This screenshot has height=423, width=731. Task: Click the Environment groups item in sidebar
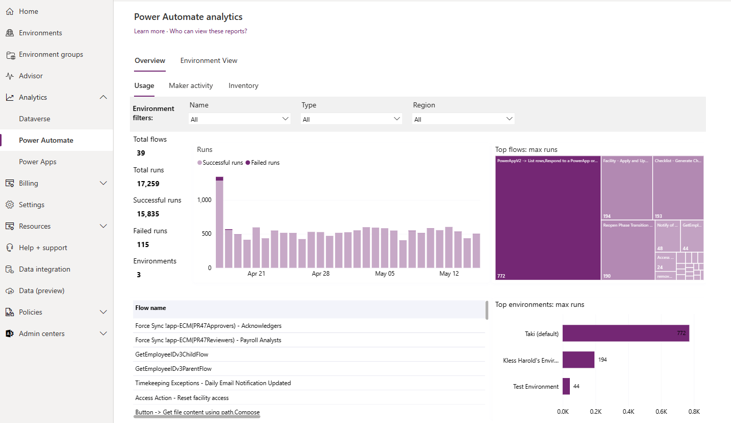coord(51,54)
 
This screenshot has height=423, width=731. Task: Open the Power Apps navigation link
coord(37,162)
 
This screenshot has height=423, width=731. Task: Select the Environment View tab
coord(209,60)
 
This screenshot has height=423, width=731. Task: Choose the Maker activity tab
coord(191,85)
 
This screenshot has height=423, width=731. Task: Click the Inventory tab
coord(243,85)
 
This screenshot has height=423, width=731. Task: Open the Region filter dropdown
coord(463,119)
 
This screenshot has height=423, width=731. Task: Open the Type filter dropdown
coord(351,119)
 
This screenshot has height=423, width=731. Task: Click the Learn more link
coord(149,31)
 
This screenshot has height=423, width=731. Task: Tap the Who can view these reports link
coord(208,31)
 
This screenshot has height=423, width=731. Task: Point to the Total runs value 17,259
coord(148,184)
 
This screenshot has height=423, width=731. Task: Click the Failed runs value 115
coord(143,244)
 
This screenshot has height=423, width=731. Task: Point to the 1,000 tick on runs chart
coord(204,200)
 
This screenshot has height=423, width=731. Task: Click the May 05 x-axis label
coord(385,274)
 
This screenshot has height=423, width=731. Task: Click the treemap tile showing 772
coord(547,218)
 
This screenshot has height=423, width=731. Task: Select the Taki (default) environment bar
coord(626,333)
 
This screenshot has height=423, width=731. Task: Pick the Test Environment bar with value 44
coord(566,386)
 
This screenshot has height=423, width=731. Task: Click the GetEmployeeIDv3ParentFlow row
coord(173,369)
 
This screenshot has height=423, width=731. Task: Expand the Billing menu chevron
coord(103,183)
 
